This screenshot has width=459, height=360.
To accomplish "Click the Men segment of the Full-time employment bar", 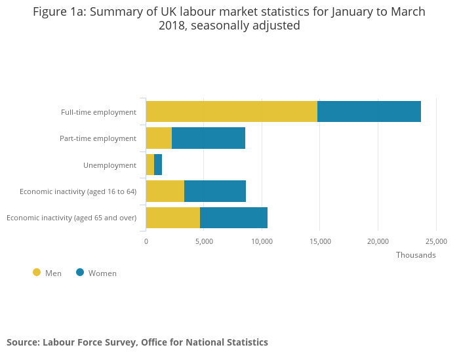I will pyautogui.click(x=231, y=111).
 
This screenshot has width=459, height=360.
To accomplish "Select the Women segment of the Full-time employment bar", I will pyautogui.click(x=369, y=111).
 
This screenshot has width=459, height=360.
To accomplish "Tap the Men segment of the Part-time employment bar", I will pyautogui.click(x=159, y=138).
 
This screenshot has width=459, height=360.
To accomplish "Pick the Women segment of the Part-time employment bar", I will pyautogui.click(x=209, y=138).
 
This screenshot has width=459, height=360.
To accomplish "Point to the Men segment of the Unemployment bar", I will pyautogui.click(x=150, y=165).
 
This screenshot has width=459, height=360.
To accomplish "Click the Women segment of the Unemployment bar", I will pyautogui.click(x=158, y=165).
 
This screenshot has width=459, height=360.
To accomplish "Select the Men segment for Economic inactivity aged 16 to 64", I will pyautogui.click(x=165, y=191).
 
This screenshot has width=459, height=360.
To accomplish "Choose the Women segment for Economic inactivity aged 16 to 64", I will pyautogui.click(x=215, y=191).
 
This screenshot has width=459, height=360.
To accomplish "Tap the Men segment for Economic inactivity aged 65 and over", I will pyautogui.click(x=173, y=217).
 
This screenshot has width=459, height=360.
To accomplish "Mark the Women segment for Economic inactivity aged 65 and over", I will pyautogui.click(x=233, y=217).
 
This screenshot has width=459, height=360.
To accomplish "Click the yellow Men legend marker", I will pyautogui.click(x=37, y=272).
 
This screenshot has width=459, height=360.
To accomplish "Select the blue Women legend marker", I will pyautogui.click(x=80, y=272).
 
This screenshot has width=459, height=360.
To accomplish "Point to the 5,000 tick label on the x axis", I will pyautogui.click(x=204, y=241).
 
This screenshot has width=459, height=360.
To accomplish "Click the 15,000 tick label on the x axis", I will pyautogui.click(x=320, y=241).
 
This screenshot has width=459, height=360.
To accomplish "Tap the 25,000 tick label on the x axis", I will pyautogui.click(x=436, y=241).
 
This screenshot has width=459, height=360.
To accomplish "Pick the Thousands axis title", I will pyautogui.click(x=416, y=255).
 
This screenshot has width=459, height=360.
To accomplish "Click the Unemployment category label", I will pyautogui.click(x=110, y=165).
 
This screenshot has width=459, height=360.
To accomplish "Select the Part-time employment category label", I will pyautogui.click(x=98, y=138).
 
